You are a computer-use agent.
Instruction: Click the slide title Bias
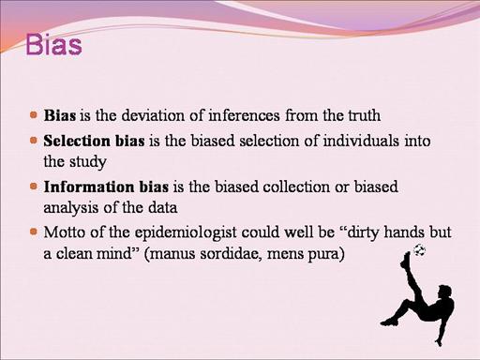click(53, 45)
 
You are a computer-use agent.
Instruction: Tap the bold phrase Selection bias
click(94, 141)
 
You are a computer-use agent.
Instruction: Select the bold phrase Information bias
click(106, 187)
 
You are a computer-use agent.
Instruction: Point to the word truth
click(365, 115)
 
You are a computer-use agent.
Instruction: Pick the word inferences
click(244, 115)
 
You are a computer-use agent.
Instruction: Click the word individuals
click(361, 141)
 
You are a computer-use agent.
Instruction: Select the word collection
click(296, 187)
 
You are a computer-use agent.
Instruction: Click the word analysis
click(71, 208)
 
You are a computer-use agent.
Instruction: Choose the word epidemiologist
click(186, 233)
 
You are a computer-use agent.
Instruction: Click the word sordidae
click(229, 253)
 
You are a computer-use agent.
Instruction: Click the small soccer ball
click(419, 250)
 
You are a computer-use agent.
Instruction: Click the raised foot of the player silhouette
click(406, 260)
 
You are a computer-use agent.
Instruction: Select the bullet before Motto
click(34, 232)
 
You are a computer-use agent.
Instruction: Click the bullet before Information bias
click(34, 187)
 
